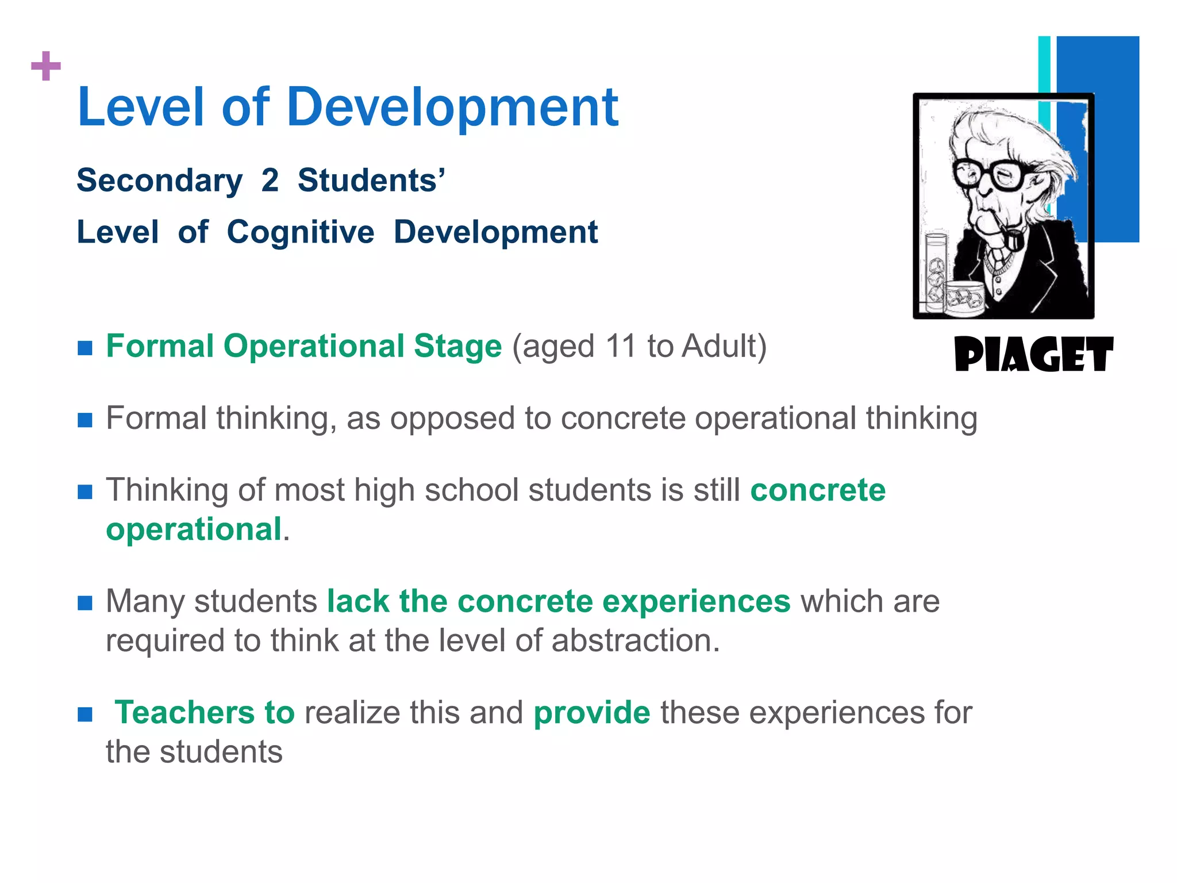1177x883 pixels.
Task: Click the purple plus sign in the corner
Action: click(46, 66)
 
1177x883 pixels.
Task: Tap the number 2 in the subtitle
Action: click(270, 181)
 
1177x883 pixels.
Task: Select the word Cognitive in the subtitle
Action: click(300, 232)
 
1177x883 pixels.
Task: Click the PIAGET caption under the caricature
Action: click(1033, 354)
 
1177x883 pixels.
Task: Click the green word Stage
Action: click(457, 347)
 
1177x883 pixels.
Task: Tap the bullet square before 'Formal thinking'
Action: click(85, 420)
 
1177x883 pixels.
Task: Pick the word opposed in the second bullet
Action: click(451, 419)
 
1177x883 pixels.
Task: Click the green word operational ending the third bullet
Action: click(194, 529)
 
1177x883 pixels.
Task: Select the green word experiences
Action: click(696, 601)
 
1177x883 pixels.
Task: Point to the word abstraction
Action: click(635, 640)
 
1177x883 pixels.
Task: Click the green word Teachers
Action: click(184, 713)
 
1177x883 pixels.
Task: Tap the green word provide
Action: click(592, 713)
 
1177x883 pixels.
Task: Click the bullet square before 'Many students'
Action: click(85, 603)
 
